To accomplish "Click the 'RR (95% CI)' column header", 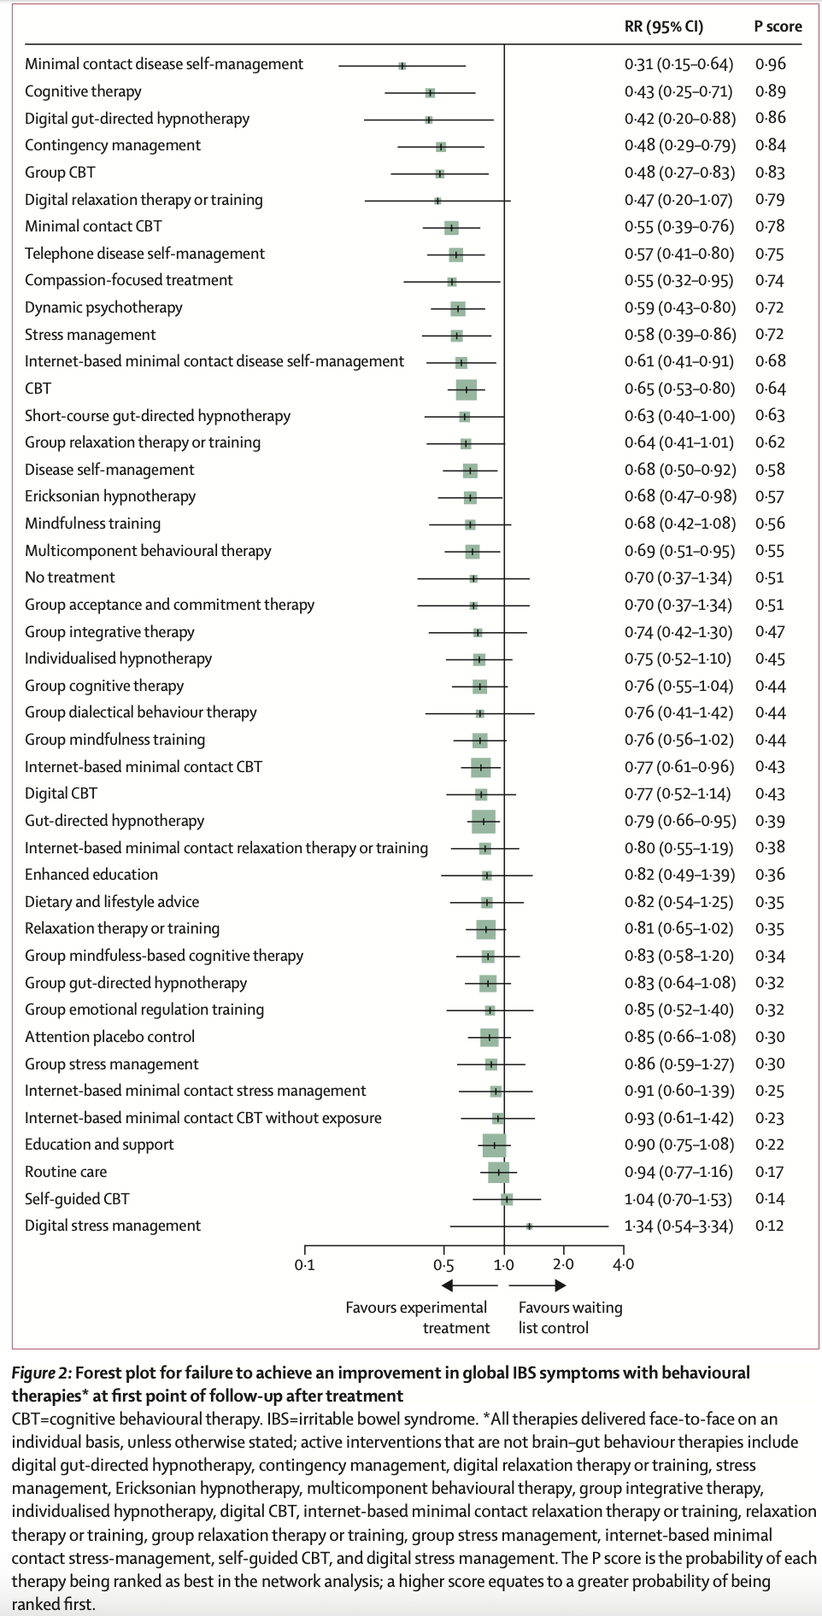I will coord(663,26).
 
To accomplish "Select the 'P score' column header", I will coord(777,26).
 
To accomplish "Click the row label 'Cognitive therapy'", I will coord(83,91).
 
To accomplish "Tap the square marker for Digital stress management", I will coord(529,1226).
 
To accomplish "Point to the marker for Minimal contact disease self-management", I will coord(402,65).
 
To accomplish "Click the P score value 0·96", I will coord(770,64).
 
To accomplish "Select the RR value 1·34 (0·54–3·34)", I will coord(678,1226).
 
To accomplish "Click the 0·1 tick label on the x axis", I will coord(304,1265).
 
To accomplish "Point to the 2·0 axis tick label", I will coord(563,1265).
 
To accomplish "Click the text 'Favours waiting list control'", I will coord(570,1317).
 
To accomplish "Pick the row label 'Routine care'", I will coord(66,1172).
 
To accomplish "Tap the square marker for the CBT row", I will coord(466,389).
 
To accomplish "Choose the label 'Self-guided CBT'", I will coord(77,1199).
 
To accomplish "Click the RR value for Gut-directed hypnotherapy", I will coord(678,821).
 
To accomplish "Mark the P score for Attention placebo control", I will coord(770,1037).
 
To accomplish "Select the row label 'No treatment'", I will coord(69,577).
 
